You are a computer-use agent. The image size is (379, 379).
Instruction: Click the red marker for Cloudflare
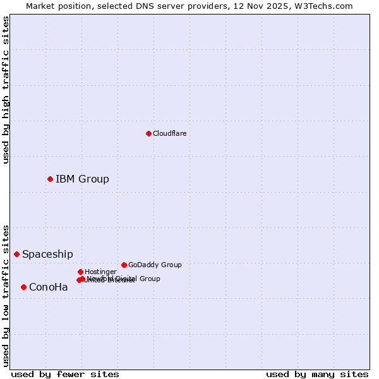click(148, 133)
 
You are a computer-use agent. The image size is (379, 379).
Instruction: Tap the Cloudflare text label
click(169, 133)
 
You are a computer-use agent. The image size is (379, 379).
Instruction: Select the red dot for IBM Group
click(50, 179)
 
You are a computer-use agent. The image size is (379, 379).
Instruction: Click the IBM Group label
click(82, 179)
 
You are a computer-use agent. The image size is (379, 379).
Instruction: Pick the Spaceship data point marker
click(16, 254)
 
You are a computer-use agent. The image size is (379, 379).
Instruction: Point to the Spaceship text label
click(47, 254)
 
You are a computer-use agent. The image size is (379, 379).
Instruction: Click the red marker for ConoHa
click(23, 287)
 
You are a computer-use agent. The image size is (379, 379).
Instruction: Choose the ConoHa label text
click(48, 287)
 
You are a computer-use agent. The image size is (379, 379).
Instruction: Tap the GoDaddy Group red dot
click(124, 265)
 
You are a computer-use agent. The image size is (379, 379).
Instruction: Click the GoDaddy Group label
click(155, 265)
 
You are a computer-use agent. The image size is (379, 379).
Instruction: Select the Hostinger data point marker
click(80, 272)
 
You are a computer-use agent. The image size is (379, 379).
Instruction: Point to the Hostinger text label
click(100, 272)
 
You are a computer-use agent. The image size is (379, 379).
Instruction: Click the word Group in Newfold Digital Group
click(149, 279)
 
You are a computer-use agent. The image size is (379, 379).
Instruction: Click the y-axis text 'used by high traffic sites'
click(6, 90)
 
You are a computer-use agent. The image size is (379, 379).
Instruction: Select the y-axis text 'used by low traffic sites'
click(6, 295)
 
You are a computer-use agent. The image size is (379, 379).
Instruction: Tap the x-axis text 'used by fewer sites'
click(65, 374)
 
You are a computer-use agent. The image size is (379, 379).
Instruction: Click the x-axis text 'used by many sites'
click(317, 374)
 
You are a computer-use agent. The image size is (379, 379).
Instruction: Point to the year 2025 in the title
click(272, 6)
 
